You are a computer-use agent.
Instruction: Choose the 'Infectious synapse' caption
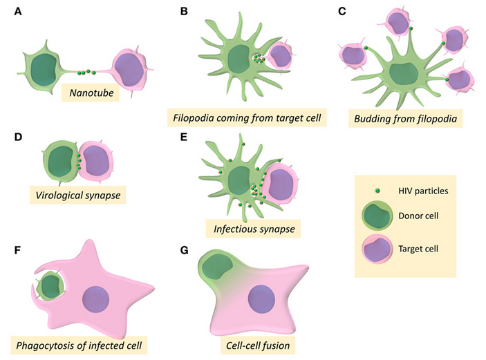(254, 226)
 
